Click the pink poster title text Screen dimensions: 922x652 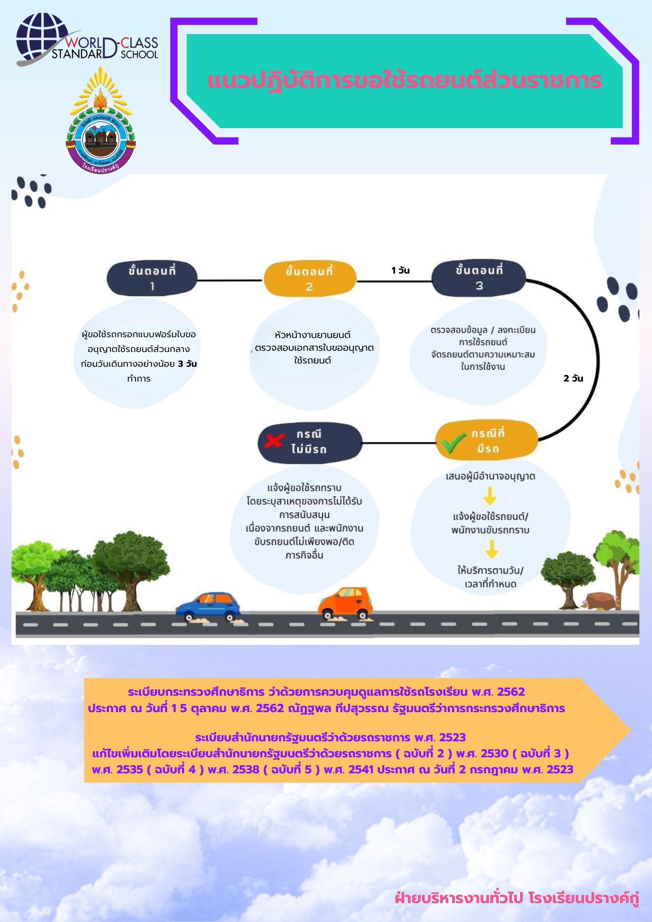click(404, 80)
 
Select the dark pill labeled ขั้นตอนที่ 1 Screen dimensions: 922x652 click(152, 278)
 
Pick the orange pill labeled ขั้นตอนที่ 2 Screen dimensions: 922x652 click(309, 279)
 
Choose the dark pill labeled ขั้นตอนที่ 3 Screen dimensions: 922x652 click(479, 278)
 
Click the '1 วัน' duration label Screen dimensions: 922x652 click(401, 270)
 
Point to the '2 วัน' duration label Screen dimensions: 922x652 click(573, 378)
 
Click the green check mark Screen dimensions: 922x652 click(453, 443)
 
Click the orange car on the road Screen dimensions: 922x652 click(346, 602)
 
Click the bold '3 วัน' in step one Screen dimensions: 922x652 click(187, 364)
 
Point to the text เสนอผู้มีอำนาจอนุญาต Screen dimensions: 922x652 click(490, 476)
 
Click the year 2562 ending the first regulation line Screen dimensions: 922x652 click(511, 692)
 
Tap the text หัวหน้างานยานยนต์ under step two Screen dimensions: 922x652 click(313, 335)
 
